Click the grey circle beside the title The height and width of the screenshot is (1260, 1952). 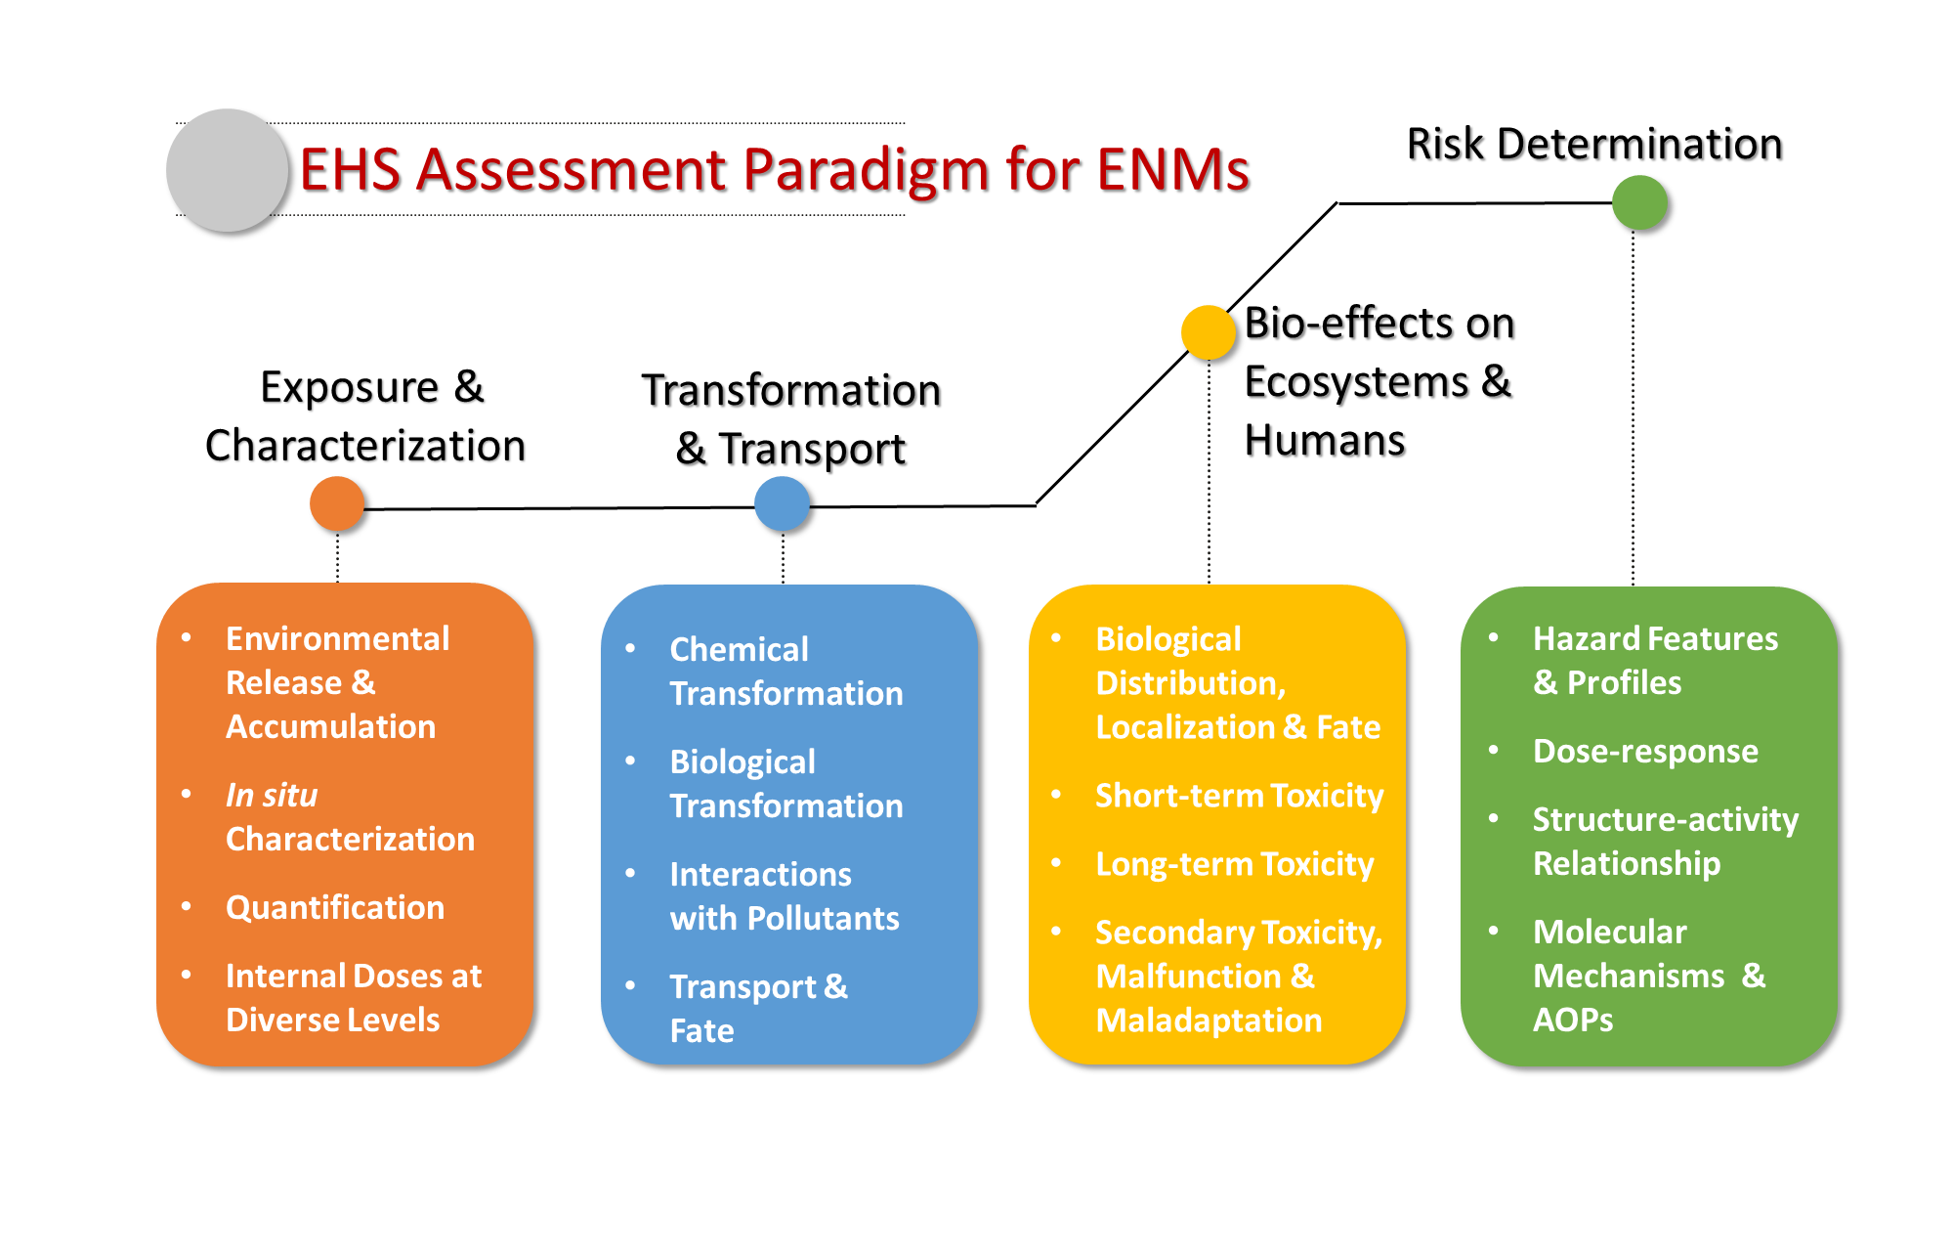[x=227, y=170]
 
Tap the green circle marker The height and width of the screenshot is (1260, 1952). [x=1639, y=202]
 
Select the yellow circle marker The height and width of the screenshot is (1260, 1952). [x=1209, y=332]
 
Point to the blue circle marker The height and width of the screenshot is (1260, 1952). [x=782, y=503]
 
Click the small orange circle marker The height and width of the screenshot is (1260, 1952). [x=337, y=503]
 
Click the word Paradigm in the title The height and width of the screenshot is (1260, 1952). [x=866, y=170]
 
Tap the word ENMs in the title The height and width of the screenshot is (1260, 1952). [x=1172, y=170]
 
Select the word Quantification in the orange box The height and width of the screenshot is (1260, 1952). [x=335, y=907]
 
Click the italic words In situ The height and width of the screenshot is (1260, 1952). [x=272, y=795]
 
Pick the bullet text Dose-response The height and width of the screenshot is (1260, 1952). [x=1645, y=751]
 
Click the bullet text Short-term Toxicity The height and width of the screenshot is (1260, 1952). [x=1239, y=796]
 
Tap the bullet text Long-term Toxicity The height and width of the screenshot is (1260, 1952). [x=1234, y=864]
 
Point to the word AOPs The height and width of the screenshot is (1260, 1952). [x=1573, y=1020]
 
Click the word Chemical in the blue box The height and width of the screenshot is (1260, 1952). [x=739, y=649]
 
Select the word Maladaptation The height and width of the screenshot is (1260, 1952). [x=1209, y=1020]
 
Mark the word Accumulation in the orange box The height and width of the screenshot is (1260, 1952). [x=330, y=726]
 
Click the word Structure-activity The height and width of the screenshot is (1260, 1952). [x=1665, y=819]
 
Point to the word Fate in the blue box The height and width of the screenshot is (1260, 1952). [x=701, y=1030]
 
